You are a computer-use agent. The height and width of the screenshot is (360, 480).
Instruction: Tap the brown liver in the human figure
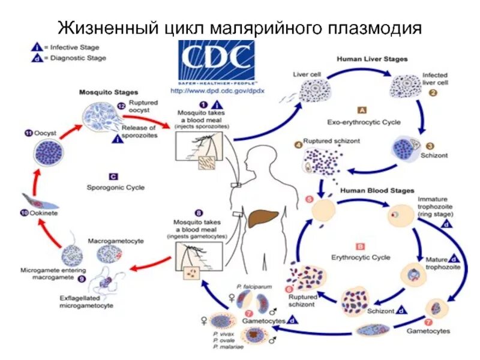click(x=265, y=218)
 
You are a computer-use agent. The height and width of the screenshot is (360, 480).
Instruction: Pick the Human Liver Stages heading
click(x=372, y=59)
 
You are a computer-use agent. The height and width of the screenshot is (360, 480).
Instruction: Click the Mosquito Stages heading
click(x=109, y=92)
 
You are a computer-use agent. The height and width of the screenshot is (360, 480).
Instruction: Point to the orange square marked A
click(x=362, y=110)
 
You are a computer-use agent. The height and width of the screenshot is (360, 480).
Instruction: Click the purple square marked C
click(x=113, y=176)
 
